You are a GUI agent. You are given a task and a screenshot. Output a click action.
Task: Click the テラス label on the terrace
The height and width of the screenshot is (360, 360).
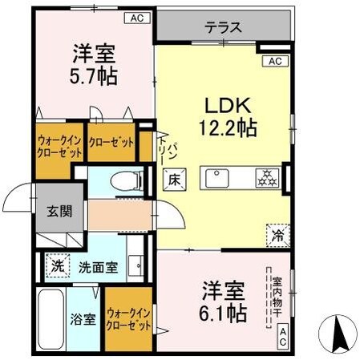tap(222, 26)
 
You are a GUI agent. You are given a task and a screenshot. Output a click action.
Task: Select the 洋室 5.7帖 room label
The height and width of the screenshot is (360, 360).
tap(95, 64)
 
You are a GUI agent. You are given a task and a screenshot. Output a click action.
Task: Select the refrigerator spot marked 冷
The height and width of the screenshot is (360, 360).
tap(276, 234)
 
